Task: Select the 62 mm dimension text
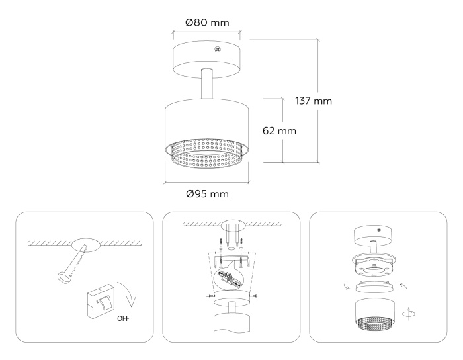[x=278, y=130]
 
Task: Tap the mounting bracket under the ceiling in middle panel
[x=231, y=260]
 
